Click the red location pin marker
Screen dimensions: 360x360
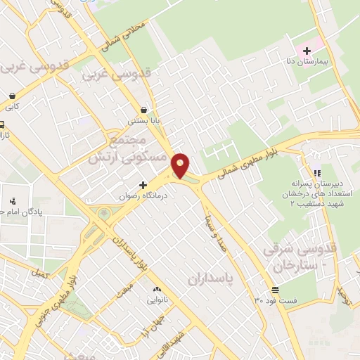point(181,165)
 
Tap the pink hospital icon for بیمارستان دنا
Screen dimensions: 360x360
point(307,50)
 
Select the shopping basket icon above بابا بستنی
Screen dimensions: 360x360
point(144,110)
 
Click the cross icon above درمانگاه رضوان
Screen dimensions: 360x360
point(143,184)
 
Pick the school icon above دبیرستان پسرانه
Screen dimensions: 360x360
point(316,172)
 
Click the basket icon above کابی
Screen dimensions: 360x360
point(12,96)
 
